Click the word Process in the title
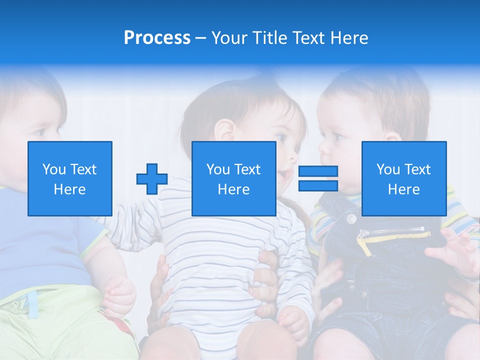tap(157, 38)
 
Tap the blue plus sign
tap(152, 179)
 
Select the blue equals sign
tap(318, 178)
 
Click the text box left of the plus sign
tap(70, 178)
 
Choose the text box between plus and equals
tap(233, 178)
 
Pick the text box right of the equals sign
tap(404, 178)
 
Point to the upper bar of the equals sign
tap(318, 171)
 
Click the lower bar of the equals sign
tap(318, 186)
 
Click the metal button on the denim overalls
tap(351, 219)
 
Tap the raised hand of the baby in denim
tap(455, 250)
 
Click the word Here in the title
tap(349, 38)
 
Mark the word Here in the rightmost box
tap(404, 189)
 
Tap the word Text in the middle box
tap(247, 169)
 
